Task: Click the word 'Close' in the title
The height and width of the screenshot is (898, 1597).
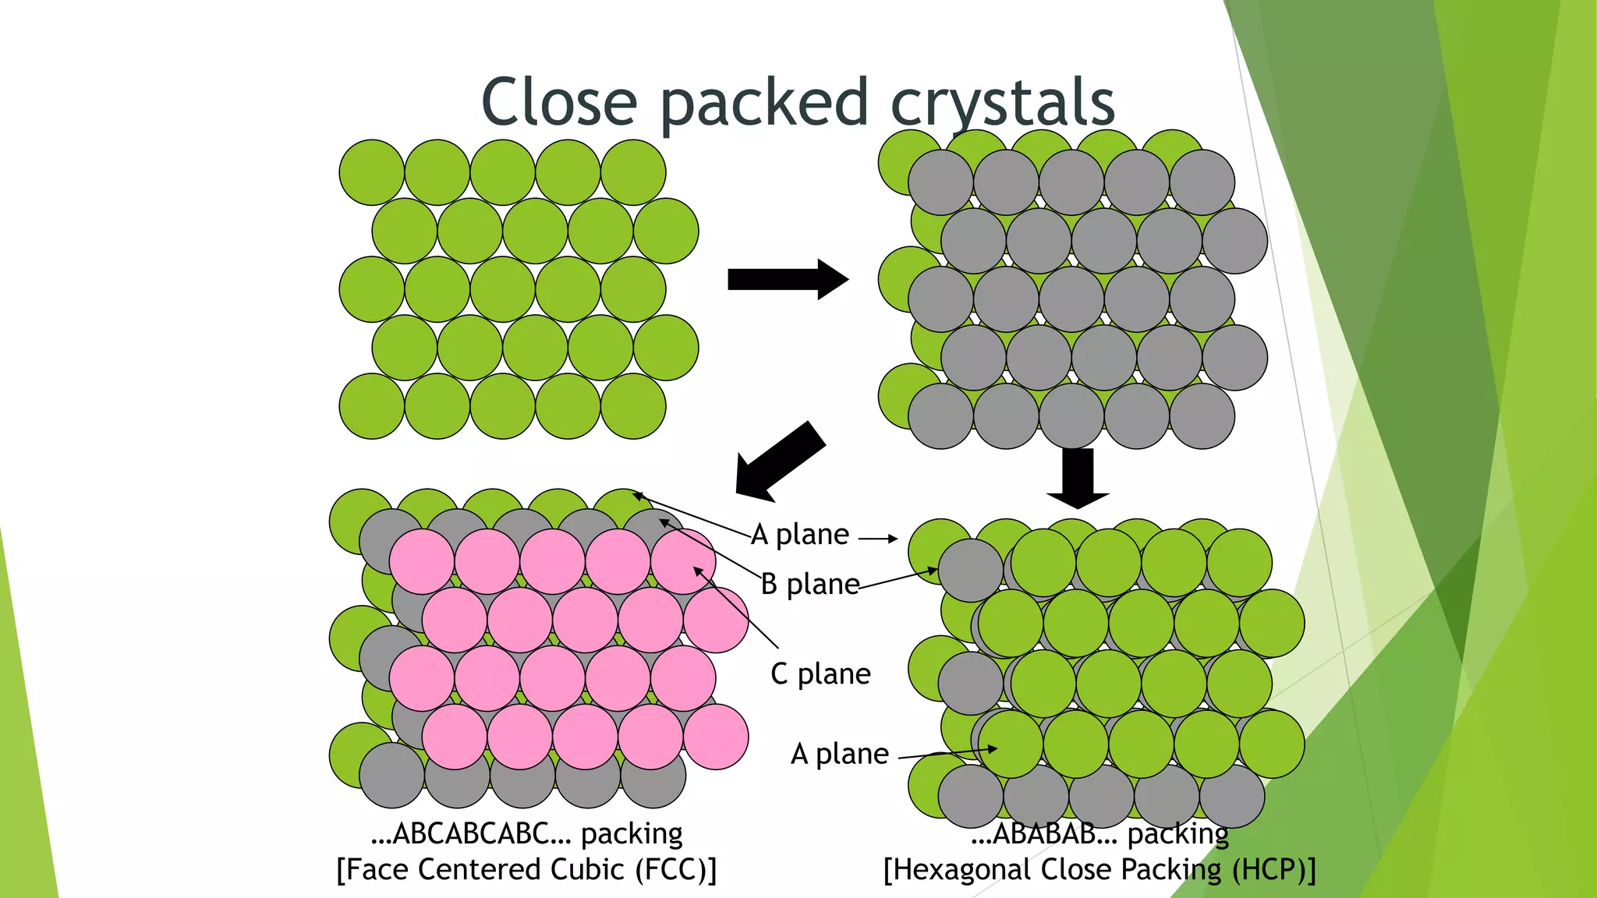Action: coord(559,102)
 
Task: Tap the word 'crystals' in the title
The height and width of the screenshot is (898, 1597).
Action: coord(1003,104)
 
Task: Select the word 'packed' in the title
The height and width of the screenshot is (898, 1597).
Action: coord(764,104)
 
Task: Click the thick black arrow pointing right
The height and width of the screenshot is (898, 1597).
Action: coord(787,279)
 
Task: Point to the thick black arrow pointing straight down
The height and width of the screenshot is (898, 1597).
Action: coord(1078,478)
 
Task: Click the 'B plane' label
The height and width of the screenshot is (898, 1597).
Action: coord(809,584)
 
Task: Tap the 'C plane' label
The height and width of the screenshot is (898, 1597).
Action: coord(820,673)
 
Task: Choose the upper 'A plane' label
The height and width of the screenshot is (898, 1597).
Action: coord(800,535)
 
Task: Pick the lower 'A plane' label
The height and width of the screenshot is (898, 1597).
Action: coord(839,754)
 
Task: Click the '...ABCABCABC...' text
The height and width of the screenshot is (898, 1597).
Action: coord(472,833)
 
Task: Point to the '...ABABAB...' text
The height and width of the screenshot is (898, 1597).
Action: coord(1044,834)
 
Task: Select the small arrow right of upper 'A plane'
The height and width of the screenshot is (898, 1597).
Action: coord(878,538)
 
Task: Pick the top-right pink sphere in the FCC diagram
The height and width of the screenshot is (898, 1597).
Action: coord(683,561)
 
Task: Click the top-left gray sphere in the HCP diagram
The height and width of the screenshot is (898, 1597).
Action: coord(970,571)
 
